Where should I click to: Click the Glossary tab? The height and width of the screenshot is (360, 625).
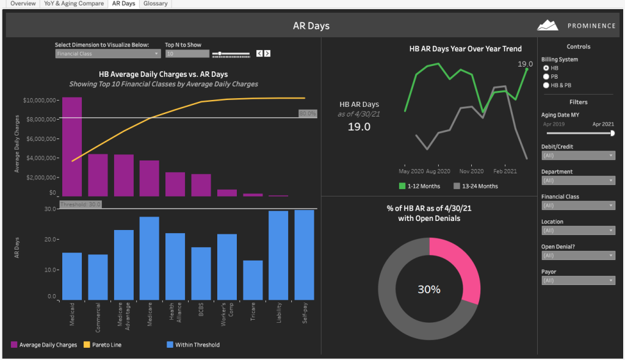click(155, 4)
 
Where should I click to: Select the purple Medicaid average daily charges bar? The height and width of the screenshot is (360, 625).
click(71, 146)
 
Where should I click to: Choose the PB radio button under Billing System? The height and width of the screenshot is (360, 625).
click(546, 77)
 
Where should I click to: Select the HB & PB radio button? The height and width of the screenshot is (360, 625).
click(546, 85)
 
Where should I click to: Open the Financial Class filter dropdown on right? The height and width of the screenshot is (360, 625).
click(578, 206)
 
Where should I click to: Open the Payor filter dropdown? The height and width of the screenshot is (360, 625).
click(578, 281)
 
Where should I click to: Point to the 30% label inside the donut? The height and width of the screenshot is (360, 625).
click(429, 290)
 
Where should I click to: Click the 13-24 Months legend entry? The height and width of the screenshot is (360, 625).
click(476, 186)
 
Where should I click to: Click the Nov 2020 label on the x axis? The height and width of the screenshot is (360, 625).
click(472, 171)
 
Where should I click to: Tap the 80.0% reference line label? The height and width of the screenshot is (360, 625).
click(308, 113)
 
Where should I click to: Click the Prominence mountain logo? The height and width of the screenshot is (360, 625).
click(547, 26)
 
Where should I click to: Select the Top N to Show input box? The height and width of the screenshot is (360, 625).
click(187, 54)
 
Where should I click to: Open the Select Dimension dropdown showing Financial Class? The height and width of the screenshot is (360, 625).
click(107, 54)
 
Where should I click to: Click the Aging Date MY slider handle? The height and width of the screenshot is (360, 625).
click(612, 132)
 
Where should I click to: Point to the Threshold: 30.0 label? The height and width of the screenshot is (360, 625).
click(81, 204)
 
